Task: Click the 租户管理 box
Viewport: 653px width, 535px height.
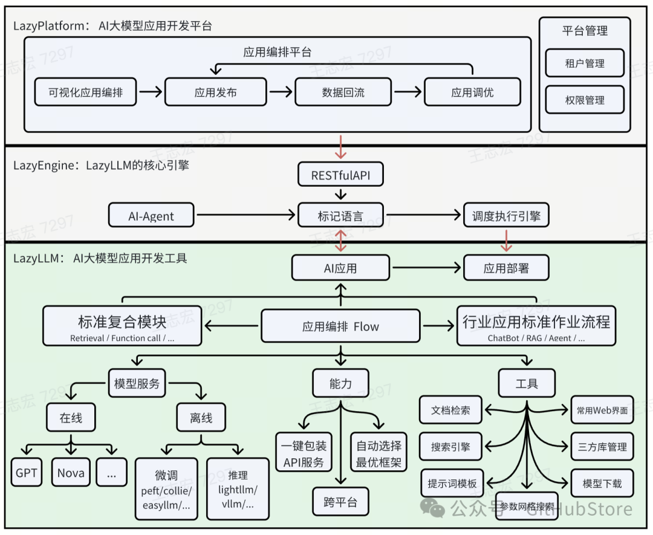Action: click(584, 63)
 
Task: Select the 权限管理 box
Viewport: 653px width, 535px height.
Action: click(584, 100)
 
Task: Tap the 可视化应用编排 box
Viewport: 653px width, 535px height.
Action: click(86, 92)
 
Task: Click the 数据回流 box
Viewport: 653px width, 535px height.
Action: click(343, 92)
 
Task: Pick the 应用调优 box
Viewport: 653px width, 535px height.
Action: click(472, 92)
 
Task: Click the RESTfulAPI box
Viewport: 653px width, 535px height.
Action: click(340, 175)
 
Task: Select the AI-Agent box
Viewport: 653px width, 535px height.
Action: click(151, 215)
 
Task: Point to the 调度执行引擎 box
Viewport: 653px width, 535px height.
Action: click(506, 215)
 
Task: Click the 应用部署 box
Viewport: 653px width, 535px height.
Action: click(506, 268)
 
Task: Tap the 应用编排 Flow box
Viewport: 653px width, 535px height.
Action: click(340, 326)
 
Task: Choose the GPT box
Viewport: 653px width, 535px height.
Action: click(27, 473)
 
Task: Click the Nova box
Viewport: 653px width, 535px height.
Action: click(71, 473)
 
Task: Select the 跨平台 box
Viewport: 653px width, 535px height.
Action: click(340, 502)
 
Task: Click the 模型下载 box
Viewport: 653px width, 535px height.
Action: click(602, 484)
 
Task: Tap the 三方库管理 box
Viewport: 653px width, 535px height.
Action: click(602, 447)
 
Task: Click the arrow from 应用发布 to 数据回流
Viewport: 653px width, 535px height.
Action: click(281, 92)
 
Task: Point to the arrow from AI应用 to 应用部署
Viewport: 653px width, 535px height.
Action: click(427, 268)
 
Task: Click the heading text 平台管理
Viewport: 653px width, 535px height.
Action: click(584, 31)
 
